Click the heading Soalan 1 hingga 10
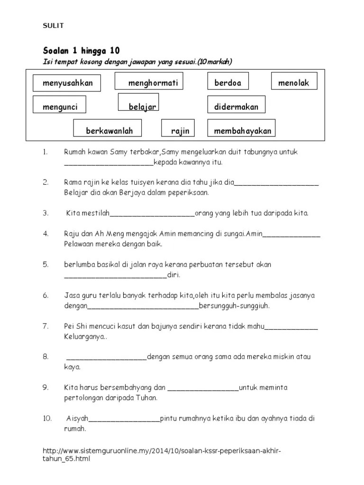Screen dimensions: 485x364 pyautogui.click(x=82, y=51)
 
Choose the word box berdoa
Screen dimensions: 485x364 pyautogui.click(x=228, y=83)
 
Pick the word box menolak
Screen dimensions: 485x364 pyautogui.click(x=294, y=83)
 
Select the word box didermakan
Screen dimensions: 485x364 pyautogui.click(x=236, y=107)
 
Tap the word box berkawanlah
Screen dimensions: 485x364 pyautogui.click(x=109, y=130)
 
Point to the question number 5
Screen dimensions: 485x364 pyautogui.click(x=46, y=264)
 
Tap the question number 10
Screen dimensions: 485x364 pyautogui.click(x=47, y=419)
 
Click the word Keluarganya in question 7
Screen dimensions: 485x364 pyautogui.click(x=85, y=337)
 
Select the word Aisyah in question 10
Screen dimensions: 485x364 pyautogui.click(x=78, y=419)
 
